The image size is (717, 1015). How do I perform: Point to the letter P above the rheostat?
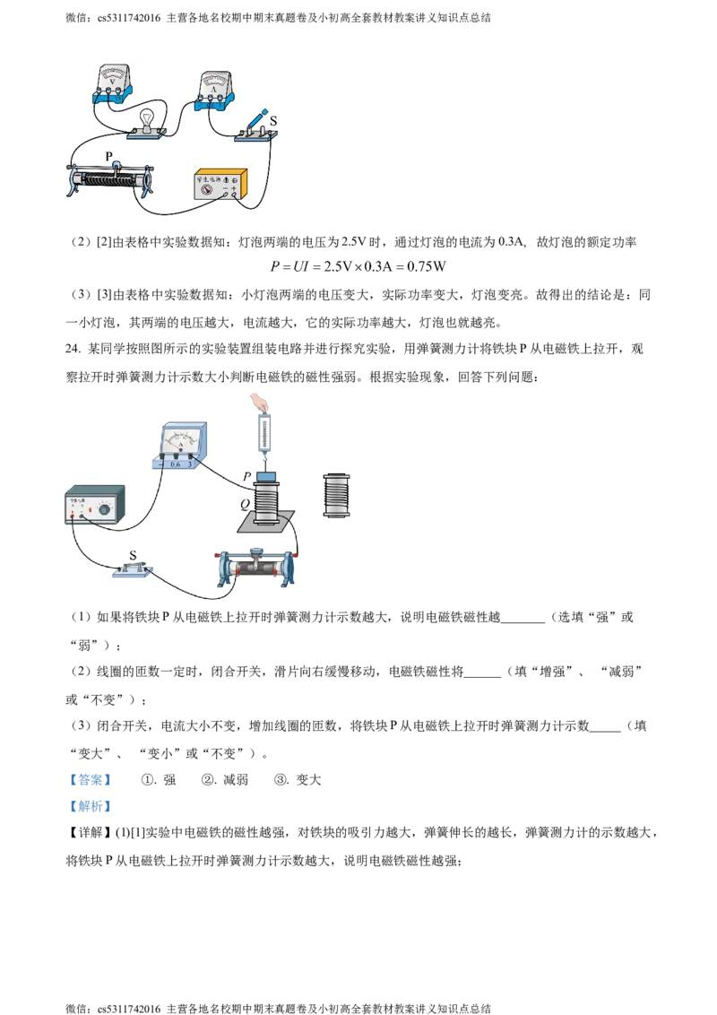click(108, 156)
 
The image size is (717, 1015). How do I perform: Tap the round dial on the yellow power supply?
click(206, 189)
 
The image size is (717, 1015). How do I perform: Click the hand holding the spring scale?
click(259, 401)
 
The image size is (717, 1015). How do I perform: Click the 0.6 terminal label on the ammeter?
click(175, 464)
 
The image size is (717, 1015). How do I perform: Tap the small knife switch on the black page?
click(133, 568)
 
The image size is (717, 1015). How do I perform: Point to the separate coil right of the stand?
click(337, 495)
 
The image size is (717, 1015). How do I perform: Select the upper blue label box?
click(91, 778)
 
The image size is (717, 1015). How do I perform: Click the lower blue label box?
click(91, 807)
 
